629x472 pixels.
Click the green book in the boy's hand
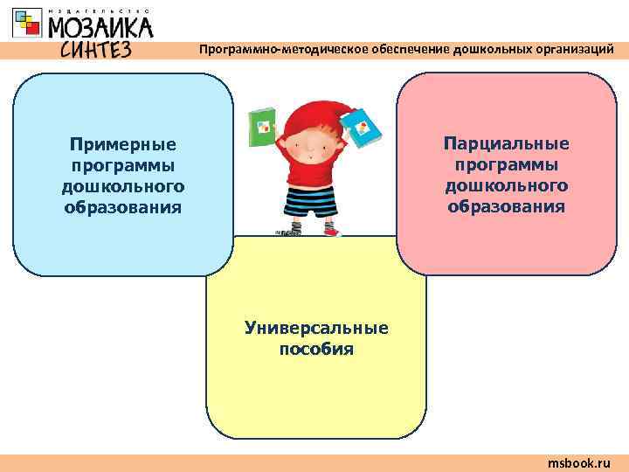[262, 129]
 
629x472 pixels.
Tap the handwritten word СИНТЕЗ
[96, 49]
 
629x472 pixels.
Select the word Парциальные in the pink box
[506, 143]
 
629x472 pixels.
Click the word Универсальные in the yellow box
[316, 329]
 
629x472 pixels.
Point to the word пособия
[316, 350]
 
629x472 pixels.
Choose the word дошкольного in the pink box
[506, 185]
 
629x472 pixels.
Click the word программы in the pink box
[506, 164]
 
